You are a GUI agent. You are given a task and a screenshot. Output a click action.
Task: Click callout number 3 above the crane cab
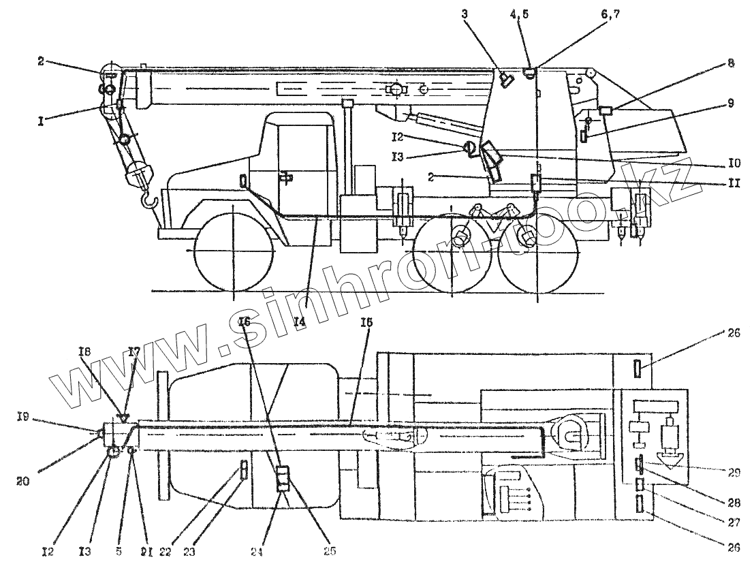465,13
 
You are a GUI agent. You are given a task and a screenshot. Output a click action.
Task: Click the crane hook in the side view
149,200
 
